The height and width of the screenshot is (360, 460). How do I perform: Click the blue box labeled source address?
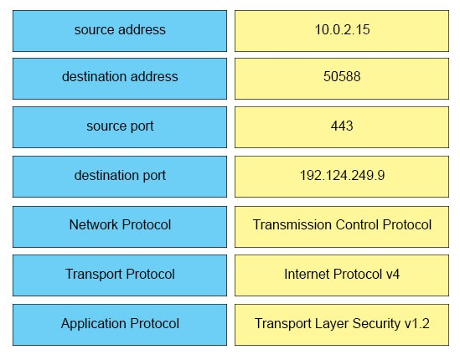click(120, 31)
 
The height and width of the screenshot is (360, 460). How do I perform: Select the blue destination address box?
click(120, 79)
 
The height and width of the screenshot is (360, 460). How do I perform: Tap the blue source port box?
click(120, 127)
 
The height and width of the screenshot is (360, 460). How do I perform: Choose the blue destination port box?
click(120, 177)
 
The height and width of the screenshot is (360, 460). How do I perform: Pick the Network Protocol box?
click(120, 227)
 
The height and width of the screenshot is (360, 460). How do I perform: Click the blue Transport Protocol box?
click(120, 275)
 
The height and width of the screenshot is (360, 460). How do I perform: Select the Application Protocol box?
click(120, 325)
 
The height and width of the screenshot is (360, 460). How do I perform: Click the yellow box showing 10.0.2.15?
click(342, 31)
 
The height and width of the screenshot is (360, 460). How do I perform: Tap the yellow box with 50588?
click(342, 79)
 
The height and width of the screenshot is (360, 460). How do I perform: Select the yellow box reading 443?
click(342, 127)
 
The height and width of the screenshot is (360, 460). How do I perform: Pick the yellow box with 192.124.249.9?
click(342, 177)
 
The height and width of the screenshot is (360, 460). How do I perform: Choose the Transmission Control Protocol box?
click(342, 227)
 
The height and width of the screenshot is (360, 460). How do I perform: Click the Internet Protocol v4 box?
click(342, 275)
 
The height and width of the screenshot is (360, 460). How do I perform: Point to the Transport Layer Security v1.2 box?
click(342, 325)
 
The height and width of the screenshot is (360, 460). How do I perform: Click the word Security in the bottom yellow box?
click(376, 324)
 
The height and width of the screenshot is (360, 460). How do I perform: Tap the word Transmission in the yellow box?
click(292, 225)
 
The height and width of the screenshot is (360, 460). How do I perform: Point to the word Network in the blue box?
click(94, 225)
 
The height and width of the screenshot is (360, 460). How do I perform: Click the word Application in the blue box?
click(94, 324)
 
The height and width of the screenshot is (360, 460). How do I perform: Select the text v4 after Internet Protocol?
click(392, 275)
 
